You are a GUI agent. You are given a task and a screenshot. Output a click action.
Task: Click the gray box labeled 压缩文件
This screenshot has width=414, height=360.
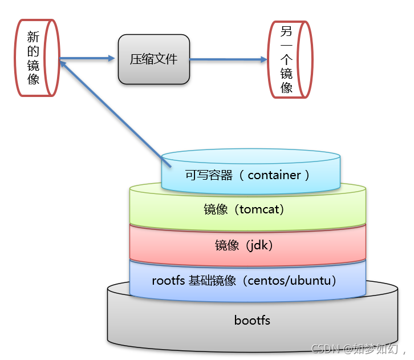154,59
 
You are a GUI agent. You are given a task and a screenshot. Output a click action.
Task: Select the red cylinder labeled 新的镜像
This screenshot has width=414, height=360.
37,58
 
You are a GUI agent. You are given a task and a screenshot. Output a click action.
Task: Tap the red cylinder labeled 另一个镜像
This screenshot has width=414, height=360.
290,59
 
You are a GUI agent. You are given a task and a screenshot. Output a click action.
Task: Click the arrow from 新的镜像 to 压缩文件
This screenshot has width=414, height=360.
87,58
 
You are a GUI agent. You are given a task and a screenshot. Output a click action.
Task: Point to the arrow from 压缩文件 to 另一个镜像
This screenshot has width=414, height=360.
229,59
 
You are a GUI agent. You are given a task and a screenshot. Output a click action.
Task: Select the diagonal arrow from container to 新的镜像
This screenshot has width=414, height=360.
116,114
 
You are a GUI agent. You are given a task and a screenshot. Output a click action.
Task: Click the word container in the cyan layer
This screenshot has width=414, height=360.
274,175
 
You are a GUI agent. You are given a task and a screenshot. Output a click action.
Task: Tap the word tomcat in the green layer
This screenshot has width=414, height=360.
259,209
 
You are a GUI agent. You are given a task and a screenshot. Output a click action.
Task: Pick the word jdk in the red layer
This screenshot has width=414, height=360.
257,246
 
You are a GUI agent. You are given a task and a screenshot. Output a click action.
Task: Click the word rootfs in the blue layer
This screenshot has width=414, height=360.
168,280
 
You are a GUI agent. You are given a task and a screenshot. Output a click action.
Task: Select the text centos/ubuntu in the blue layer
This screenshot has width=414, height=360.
289,280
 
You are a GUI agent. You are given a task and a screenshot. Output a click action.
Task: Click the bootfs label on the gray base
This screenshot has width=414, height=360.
252,321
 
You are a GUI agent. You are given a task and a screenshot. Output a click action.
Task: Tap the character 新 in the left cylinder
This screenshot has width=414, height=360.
33,37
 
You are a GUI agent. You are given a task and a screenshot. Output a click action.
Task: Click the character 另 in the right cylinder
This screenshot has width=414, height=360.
286,31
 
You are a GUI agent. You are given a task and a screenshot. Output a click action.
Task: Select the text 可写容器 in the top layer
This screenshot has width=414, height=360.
209,175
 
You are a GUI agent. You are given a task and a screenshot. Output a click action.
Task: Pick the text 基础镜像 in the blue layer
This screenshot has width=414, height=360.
212,280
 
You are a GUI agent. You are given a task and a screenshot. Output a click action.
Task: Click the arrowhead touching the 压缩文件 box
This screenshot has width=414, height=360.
112,58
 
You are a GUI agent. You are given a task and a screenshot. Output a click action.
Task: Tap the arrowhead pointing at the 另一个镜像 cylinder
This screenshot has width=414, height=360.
264,59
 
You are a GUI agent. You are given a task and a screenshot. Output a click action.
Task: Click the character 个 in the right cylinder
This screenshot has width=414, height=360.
286,60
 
